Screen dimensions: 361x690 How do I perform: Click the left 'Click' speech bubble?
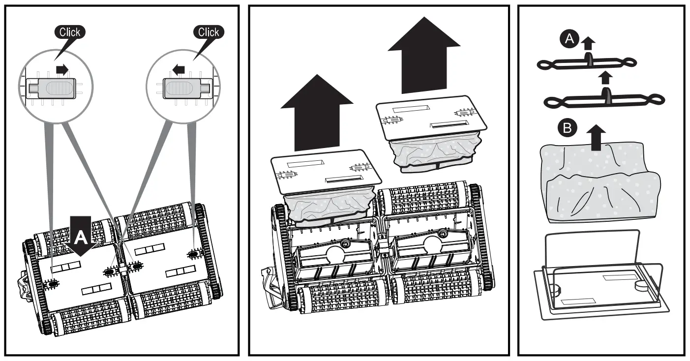pyautogui.click(x=69, y=32)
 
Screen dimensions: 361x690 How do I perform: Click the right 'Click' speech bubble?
pyautogui.click(x=208, y=32)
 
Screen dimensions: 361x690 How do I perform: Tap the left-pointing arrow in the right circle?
pyautogui.click(x=179, y=70)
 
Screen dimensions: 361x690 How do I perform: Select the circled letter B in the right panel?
pyautogui.click(x=567, y=129)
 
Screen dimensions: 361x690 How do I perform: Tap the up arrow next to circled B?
pyautogui.click(x=596, y=136)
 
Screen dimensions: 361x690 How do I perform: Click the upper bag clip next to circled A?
pyautogui.click(x=588, y=63)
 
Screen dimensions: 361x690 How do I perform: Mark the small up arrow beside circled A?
pyautogui.click(x=585, y=44)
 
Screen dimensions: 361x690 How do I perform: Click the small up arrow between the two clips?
pyautogui.click(x=606, y=77)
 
